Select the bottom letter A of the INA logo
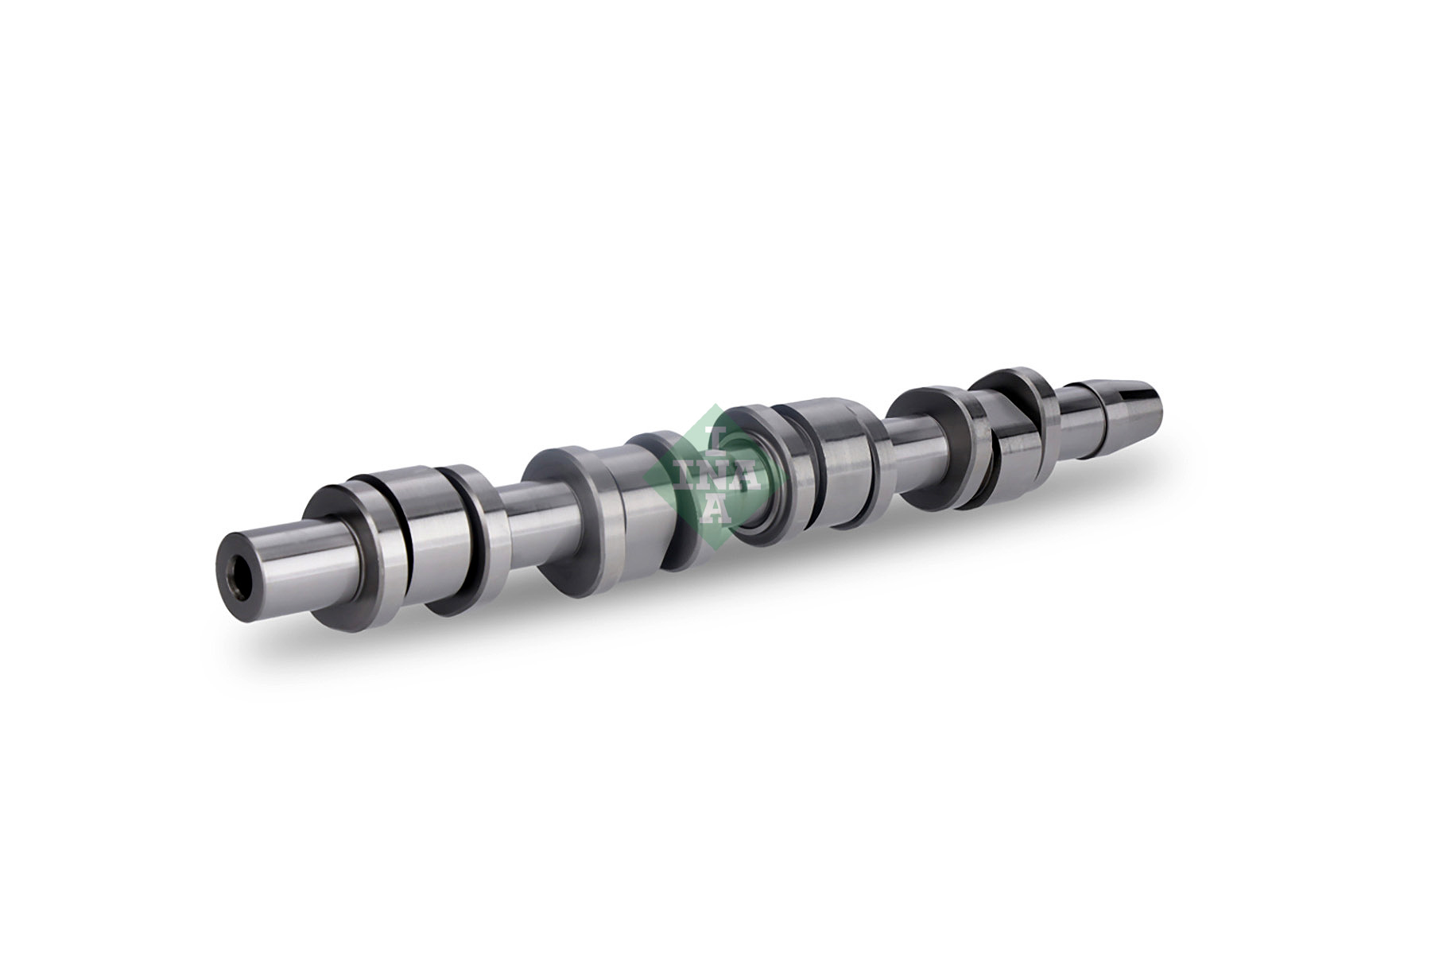[x=714, y=510]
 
